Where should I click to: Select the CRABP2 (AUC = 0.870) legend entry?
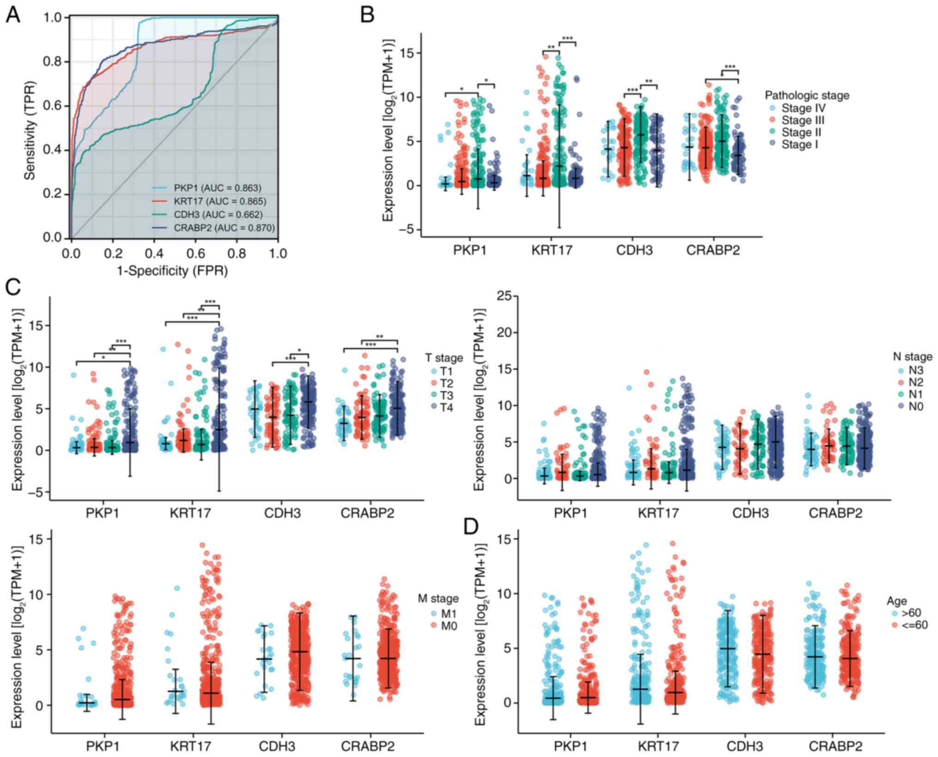[x=224, y=228]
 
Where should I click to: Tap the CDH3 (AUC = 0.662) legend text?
[x=218, y=215]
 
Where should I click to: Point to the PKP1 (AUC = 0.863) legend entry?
[x=217, y=188]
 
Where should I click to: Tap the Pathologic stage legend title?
[x=807, y=96]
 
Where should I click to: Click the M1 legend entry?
[x=443, y=613]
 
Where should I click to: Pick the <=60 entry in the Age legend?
[x=911, y=625]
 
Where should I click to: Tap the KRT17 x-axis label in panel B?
[x=552, y=250]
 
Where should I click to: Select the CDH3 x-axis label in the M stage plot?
[x=280, y=746]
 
